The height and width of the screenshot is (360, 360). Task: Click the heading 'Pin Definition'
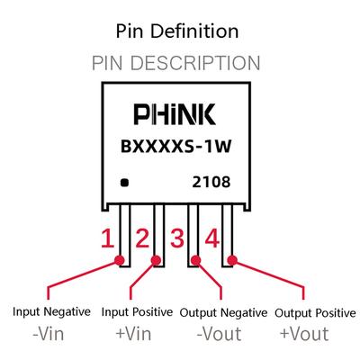click(177, 31)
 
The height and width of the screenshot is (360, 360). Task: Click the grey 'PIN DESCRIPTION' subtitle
click(175, 63)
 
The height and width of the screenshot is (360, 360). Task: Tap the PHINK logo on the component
click(175, 114)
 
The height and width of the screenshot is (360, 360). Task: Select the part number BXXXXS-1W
click(176, 147)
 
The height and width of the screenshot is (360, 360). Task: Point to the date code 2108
click(211, 182)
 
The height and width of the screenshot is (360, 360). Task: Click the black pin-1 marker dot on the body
click(124, 183)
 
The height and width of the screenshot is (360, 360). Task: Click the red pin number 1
click(107, 238)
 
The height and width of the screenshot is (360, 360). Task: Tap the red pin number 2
click(142, 238)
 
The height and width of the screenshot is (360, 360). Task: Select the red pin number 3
click(177, 238)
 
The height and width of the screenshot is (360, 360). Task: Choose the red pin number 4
click(212, 238)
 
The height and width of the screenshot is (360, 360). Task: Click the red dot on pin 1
click(120, 261)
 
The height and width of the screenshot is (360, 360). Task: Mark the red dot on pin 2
click(156, 261)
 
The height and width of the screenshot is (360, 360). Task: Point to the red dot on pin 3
click(195, 261)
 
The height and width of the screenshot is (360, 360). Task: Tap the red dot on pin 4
click(232, 261)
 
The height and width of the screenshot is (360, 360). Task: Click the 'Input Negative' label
click(51, 312)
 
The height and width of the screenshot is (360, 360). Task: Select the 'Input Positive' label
click(137, 312)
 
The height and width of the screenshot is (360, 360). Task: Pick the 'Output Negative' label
click(223, 313)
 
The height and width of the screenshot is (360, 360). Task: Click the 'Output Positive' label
click(315, 313)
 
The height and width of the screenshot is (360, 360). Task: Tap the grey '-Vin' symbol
click(49, 334)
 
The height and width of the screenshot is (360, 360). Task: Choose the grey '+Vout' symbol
click(304, 334)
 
